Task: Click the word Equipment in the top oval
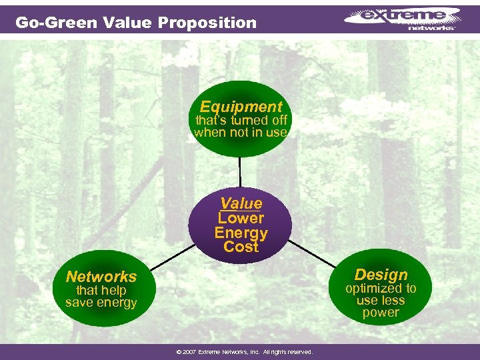(241, 107)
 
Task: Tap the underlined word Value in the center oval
(241, 203)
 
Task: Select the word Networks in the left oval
(101, 277)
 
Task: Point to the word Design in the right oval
(381, 275)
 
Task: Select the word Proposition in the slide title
(207, 23)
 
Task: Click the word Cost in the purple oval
(241, 247)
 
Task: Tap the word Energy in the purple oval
(241, 233)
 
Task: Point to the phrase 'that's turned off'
(241, 121)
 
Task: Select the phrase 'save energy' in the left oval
(101, 303)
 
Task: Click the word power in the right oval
(381, 312)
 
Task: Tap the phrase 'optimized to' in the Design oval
(381, 289)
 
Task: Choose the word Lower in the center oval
(241, 218)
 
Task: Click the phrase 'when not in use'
(241, 132)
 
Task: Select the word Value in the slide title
(129, 23)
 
